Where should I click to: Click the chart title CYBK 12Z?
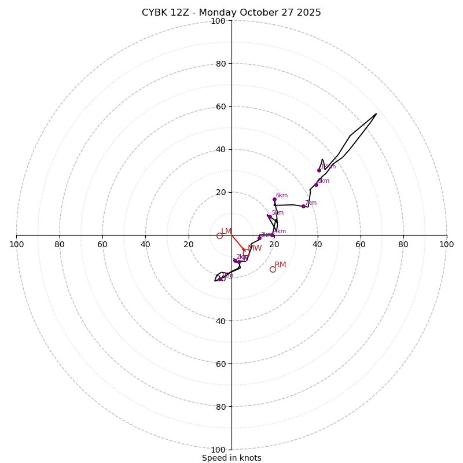pos(231,13)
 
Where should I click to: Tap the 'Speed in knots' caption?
pos(231,458)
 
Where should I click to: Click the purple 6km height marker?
pos(274,200)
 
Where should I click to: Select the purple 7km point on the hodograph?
pos(303,206)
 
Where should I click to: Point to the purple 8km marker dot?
pos(316,185)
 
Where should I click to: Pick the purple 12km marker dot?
pos(319,170)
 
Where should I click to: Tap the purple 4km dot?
pos(272,235)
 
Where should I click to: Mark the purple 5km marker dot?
pos(270,216)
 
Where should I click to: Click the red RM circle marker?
pos(273,269)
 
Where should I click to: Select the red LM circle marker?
pos(219,236)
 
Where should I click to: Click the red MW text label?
pos(255,248)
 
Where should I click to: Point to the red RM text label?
pos(280,265)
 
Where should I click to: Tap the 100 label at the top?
pos(218,21)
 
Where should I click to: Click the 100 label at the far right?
pos(446,244)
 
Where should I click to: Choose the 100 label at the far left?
pos(17,244)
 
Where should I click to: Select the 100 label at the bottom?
pos(218,450)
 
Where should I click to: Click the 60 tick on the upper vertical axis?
pos(221,106)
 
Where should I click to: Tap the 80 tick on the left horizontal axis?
pos(60,244)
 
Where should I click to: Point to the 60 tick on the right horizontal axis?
pos(360,244)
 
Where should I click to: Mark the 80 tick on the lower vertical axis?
pos(221,407)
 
